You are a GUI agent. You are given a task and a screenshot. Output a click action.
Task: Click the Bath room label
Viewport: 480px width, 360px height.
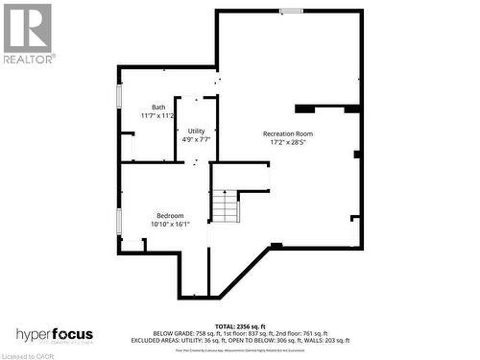(157, 108)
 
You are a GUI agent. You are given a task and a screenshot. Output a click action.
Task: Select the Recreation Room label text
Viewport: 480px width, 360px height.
(288, 133)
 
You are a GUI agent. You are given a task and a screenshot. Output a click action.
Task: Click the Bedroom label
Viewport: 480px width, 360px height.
(170, 215)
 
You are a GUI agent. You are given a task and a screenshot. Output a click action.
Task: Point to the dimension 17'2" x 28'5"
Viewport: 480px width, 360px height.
(288, 143)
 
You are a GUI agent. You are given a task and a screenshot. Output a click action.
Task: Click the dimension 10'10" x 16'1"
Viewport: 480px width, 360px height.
(170, 225)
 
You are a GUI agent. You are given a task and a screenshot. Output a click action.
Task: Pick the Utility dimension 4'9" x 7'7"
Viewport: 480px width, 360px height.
(196, 139)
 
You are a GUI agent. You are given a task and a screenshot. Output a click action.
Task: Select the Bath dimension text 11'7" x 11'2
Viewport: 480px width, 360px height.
(157, 116)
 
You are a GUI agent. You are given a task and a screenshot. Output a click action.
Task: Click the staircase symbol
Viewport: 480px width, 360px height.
(225, 205)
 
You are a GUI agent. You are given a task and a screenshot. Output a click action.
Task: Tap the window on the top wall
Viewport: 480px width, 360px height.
(291, 11)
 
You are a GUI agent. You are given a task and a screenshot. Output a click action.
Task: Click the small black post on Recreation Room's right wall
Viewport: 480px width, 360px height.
(357, 154)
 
